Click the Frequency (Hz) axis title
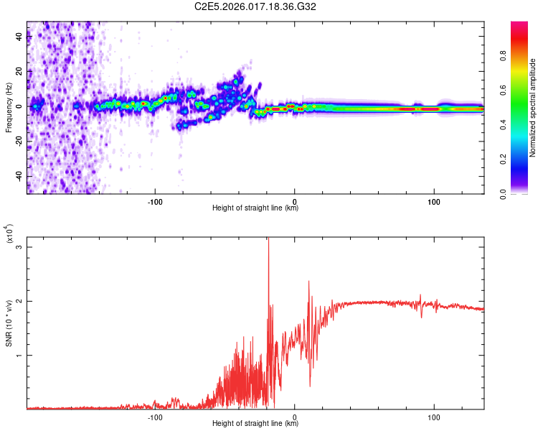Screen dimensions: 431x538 coord(9,108)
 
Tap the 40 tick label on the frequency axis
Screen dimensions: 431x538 coord(19,37)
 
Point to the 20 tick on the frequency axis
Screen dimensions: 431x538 coord(19,72)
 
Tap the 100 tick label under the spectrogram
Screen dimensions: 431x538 coord(433,200)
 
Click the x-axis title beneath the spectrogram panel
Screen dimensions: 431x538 coord(255,208)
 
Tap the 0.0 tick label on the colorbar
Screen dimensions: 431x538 coord(524,193)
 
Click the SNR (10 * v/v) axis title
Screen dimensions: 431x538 coord(9,323)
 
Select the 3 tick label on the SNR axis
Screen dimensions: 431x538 coord(19,246)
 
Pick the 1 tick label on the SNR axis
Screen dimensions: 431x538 coord(19,356)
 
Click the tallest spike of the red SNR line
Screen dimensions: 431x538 coord(268,239)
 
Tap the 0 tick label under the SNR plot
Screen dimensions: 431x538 coord(295,416)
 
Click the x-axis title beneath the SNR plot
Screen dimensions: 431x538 coord(255,424)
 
